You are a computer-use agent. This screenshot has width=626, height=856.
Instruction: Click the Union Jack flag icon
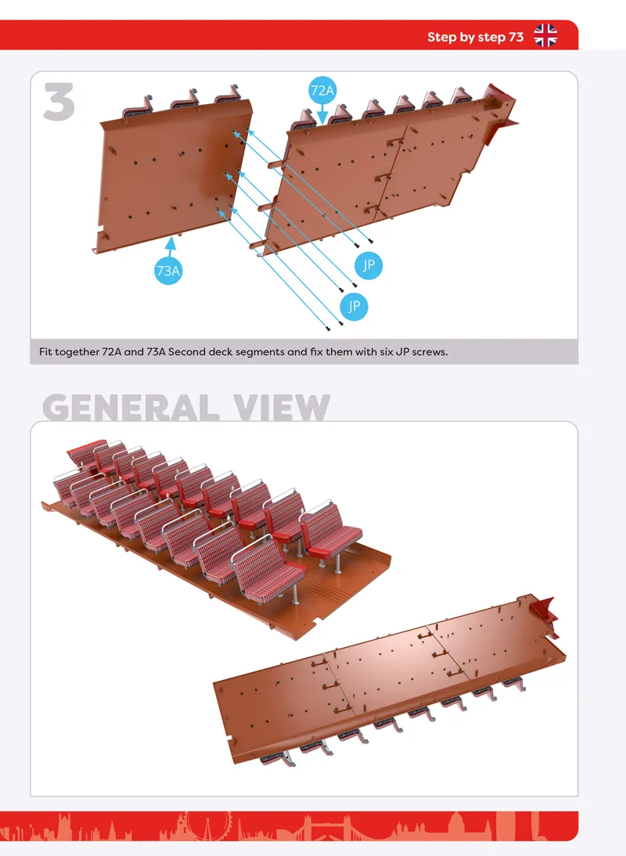[545, 35]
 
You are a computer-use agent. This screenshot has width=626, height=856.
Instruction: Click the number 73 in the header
[516, 37]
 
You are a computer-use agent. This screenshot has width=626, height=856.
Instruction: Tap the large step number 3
[59, 102]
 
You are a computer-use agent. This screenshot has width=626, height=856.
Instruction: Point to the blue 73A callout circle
[168, 270]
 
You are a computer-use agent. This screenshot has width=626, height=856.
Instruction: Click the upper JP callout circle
[369, 265]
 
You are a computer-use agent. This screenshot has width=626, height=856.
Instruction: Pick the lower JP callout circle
[354, 306]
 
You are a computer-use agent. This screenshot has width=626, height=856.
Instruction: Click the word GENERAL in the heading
[131, 407]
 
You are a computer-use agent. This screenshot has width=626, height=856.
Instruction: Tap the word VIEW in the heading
[282, 407]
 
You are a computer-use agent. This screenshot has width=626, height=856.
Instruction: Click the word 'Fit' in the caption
[45, 352]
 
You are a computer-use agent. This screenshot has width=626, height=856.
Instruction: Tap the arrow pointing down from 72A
[322, 114]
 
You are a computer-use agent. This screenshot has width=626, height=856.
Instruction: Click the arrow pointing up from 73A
[171, 246]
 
